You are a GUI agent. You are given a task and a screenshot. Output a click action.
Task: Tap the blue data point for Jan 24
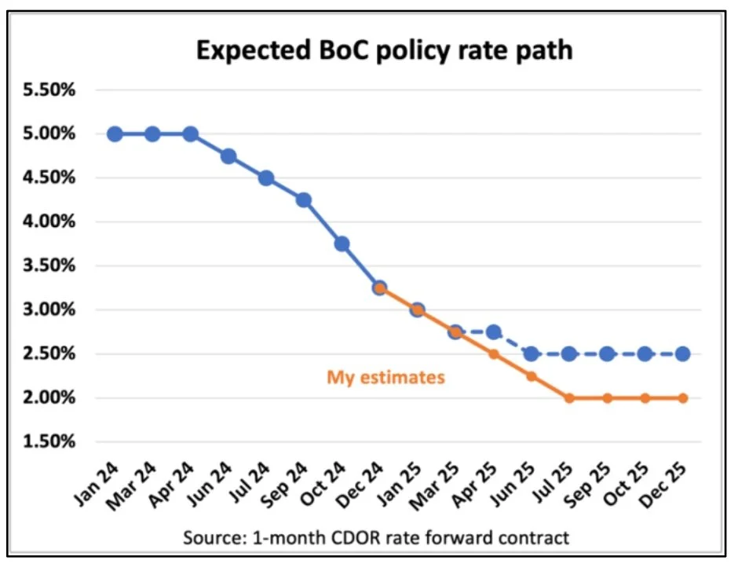(115, 134)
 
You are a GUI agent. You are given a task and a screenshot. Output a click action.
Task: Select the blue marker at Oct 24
(342, 244)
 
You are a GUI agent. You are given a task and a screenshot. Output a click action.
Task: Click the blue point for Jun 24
(228, 156)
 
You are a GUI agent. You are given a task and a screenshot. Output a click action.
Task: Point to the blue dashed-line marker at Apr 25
(494, 331)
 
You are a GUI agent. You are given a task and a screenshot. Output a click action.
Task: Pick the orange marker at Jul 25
(569, 398)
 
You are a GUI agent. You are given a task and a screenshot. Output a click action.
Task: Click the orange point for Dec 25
(683, 398)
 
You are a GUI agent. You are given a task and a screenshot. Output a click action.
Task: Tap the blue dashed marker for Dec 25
(683, 353)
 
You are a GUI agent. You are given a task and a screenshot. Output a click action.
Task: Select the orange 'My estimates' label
(385, 378)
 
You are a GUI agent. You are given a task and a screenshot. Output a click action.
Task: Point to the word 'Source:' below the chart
(211, 538)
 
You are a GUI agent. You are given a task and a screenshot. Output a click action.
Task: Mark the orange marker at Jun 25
(532, 376)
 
